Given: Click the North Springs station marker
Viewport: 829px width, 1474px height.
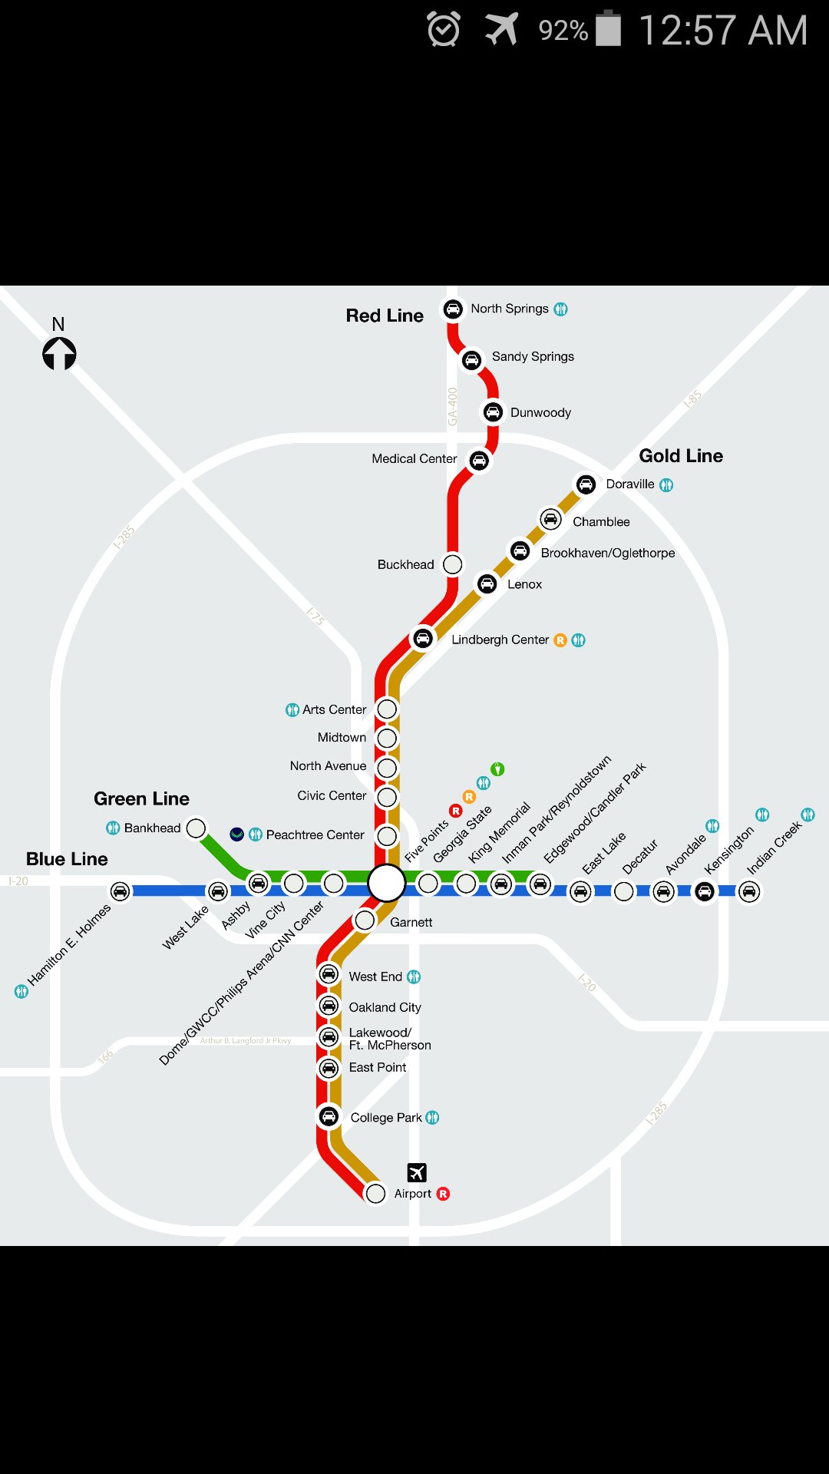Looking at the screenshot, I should point(453,309).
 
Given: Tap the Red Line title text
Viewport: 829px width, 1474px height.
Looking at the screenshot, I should point(385,316).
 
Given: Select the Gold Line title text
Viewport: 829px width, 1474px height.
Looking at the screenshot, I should point(681,456).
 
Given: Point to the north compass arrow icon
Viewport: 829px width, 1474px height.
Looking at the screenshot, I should point(59,354).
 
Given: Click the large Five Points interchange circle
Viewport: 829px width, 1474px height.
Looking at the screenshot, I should point(386,883).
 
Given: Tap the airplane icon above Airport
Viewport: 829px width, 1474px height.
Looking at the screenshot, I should point(417,1172).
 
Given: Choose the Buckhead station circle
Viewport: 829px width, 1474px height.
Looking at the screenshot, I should point(453,564).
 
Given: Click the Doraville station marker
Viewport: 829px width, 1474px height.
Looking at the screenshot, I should point(586,484).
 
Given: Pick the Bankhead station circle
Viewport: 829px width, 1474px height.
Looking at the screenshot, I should point(197,828).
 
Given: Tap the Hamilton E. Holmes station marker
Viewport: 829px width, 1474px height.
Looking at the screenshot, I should point(120,891).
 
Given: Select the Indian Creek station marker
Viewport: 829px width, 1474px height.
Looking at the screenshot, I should point(749,891).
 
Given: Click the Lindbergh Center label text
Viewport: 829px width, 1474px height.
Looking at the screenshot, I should point(500,640).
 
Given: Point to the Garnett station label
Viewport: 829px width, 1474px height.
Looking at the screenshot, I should point(411,922).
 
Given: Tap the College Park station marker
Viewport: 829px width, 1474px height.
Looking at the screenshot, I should point(329,1116).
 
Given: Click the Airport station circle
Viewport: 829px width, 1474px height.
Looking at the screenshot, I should point(375,1194).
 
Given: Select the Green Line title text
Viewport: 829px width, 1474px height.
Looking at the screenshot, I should point(141,798).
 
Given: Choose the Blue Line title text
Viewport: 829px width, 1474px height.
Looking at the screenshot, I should point(67,859).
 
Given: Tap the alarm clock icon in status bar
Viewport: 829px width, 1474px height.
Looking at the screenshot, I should point(444,30).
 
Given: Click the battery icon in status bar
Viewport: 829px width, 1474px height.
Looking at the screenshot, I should point(609,29).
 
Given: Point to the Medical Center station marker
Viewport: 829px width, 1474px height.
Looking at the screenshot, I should point(479,461).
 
